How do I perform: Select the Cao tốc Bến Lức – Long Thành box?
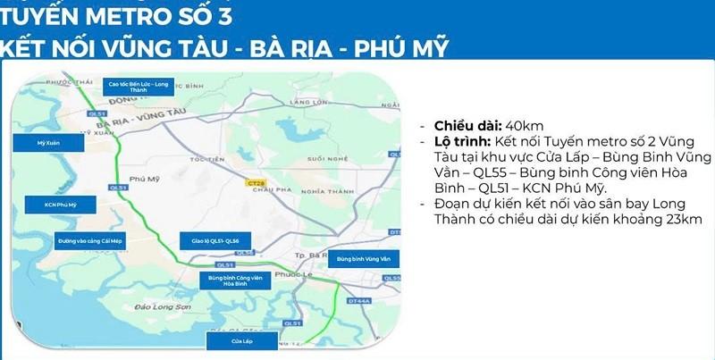(139, 86)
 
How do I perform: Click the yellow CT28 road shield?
(255, 182)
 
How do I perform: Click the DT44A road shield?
(359, 302)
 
